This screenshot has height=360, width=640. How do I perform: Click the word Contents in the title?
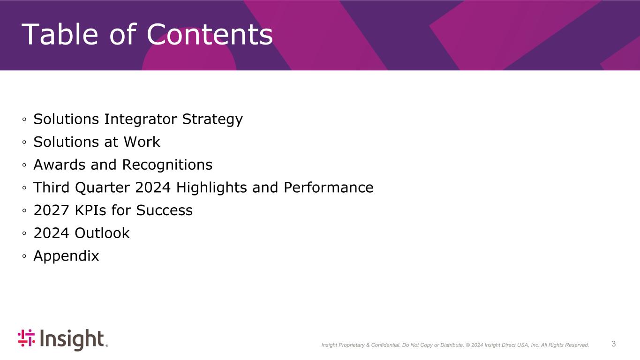click(210, 34)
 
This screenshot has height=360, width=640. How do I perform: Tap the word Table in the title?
click(60, 34)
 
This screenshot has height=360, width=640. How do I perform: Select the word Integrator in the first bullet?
click(140, 119)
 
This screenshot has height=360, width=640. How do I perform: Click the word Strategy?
click(212, 120)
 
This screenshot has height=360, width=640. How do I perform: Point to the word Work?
click(142, 142)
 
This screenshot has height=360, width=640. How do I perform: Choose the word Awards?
click(60, 165)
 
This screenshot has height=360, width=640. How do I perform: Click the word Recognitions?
click(167, 165)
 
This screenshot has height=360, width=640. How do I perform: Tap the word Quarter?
click(102, 187)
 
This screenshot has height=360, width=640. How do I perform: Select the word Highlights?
click(211, 188)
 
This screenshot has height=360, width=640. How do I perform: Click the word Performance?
click(328, 187)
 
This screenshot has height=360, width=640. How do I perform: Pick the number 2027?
click(51, 210)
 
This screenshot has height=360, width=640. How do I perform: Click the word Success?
click(164, 210)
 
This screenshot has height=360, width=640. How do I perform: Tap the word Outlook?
click(102, 233)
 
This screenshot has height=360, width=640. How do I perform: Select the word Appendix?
click(66, 256)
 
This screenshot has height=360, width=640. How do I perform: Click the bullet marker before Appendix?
click(24, 256)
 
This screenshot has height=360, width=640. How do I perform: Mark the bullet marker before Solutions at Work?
click(24, 142)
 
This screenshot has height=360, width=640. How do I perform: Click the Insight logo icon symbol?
click(26, 338)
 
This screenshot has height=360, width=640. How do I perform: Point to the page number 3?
click(613, 344)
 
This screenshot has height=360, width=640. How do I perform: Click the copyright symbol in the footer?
click(468, 345)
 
